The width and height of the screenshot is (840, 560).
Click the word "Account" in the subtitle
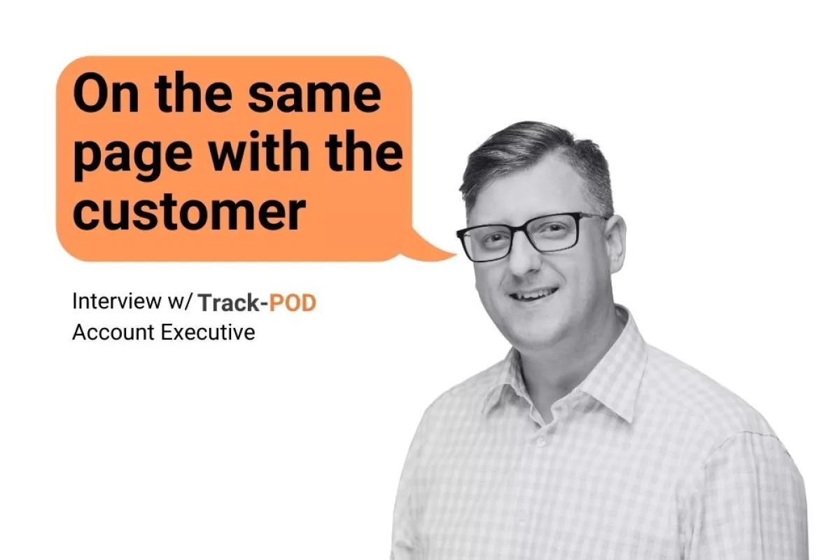114,332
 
